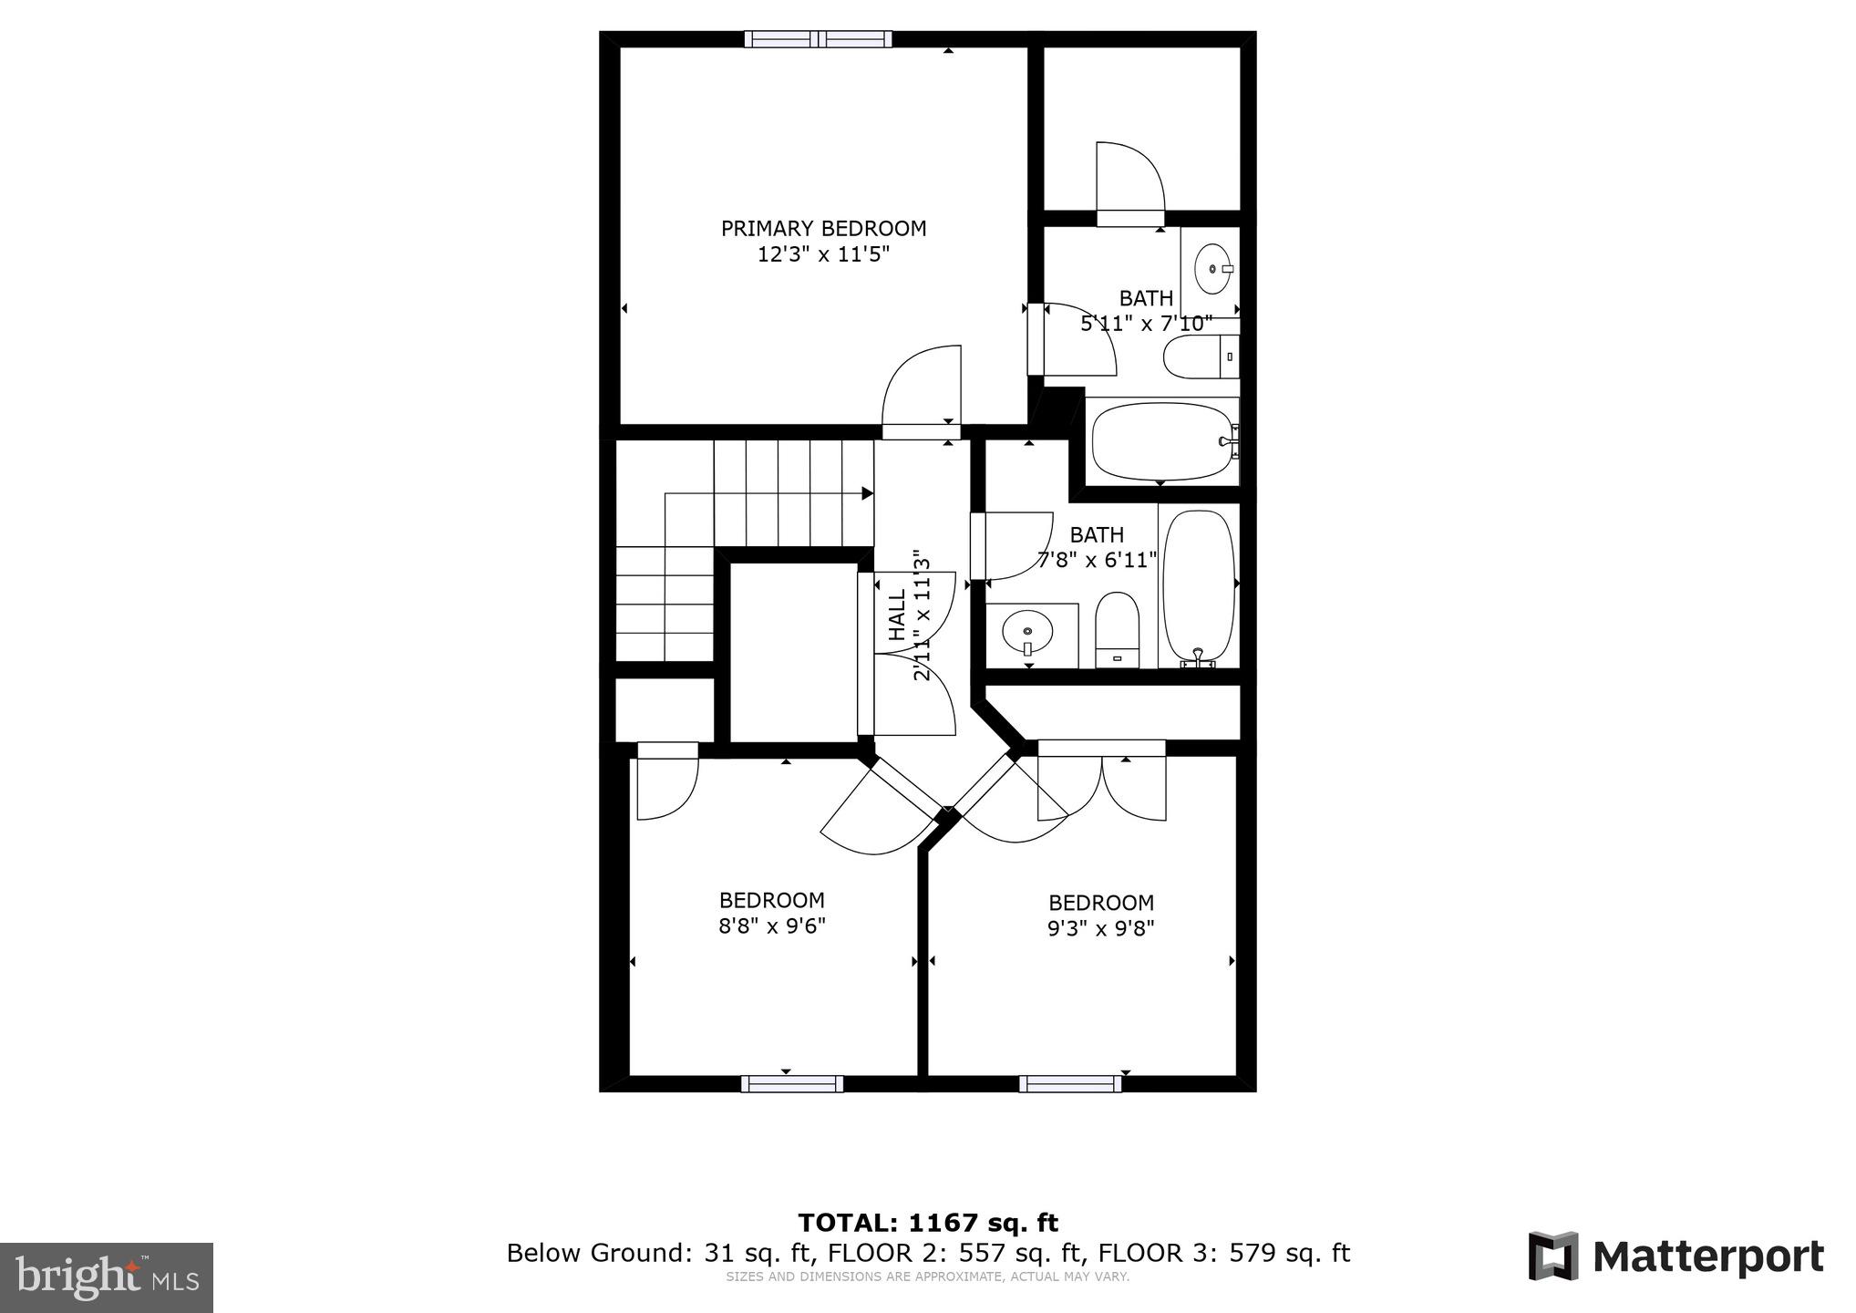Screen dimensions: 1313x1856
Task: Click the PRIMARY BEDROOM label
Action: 823,229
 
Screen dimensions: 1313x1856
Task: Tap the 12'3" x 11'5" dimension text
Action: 823,254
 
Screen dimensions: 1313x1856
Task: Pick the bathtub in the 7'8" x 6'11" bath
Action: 1200,588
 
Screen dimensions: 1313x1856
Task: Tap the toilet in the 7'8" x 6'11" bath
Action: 1117,626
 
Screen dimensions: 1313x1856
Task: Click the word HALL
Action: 897,614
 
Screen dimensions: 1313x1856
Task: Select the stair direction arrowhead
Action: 868,493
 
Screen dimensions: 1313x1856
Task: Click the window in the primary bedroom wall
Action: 818,38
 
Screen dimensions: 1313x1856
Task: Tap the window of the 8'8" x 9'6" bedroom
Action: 791,1083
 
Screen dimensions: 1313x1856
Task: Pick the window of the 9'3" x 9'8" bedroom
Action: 1069,1083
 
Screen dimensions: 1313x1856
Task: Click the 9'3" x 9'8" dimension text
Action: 1101,928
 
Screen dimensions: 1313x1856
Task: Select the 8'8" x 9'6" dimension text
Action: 772,925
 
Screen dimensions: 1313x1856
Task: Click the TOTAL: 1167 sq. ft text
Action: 928,1222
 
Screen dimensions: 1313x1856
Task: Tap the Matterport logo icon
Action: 1552,1256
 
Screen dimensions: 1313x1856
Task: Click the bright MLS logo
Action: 107,1277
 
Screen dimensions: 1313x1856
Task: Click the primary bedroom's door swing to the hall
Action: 921,387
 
